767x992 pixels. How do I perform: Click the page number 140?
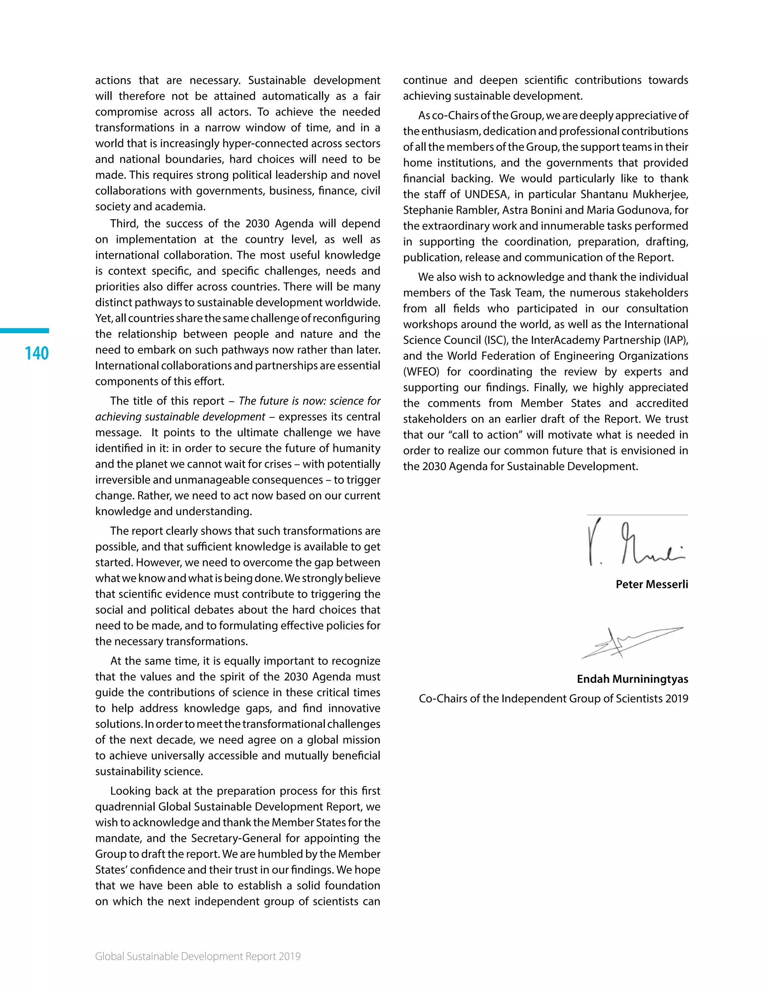click(36, 353)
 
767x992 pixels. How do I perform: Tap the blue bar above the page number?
click(25, 331)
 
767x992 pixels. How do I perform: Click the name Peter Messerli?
click(652, 584)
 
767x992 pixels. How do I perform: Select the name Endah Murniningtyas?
click(632, 679)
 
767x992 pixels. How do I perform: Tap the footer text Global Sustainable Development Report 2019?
click(198, 956)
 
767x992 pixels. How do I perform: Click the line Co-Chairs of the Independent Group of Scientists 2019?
click(553, 699)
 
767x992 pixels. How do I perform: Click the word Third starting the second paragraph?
click(124, 223)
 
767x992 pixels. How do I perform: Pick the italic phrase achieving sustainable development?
click(180, 417)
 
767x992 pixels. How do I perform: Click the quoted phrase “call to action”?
click(486, 435)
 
